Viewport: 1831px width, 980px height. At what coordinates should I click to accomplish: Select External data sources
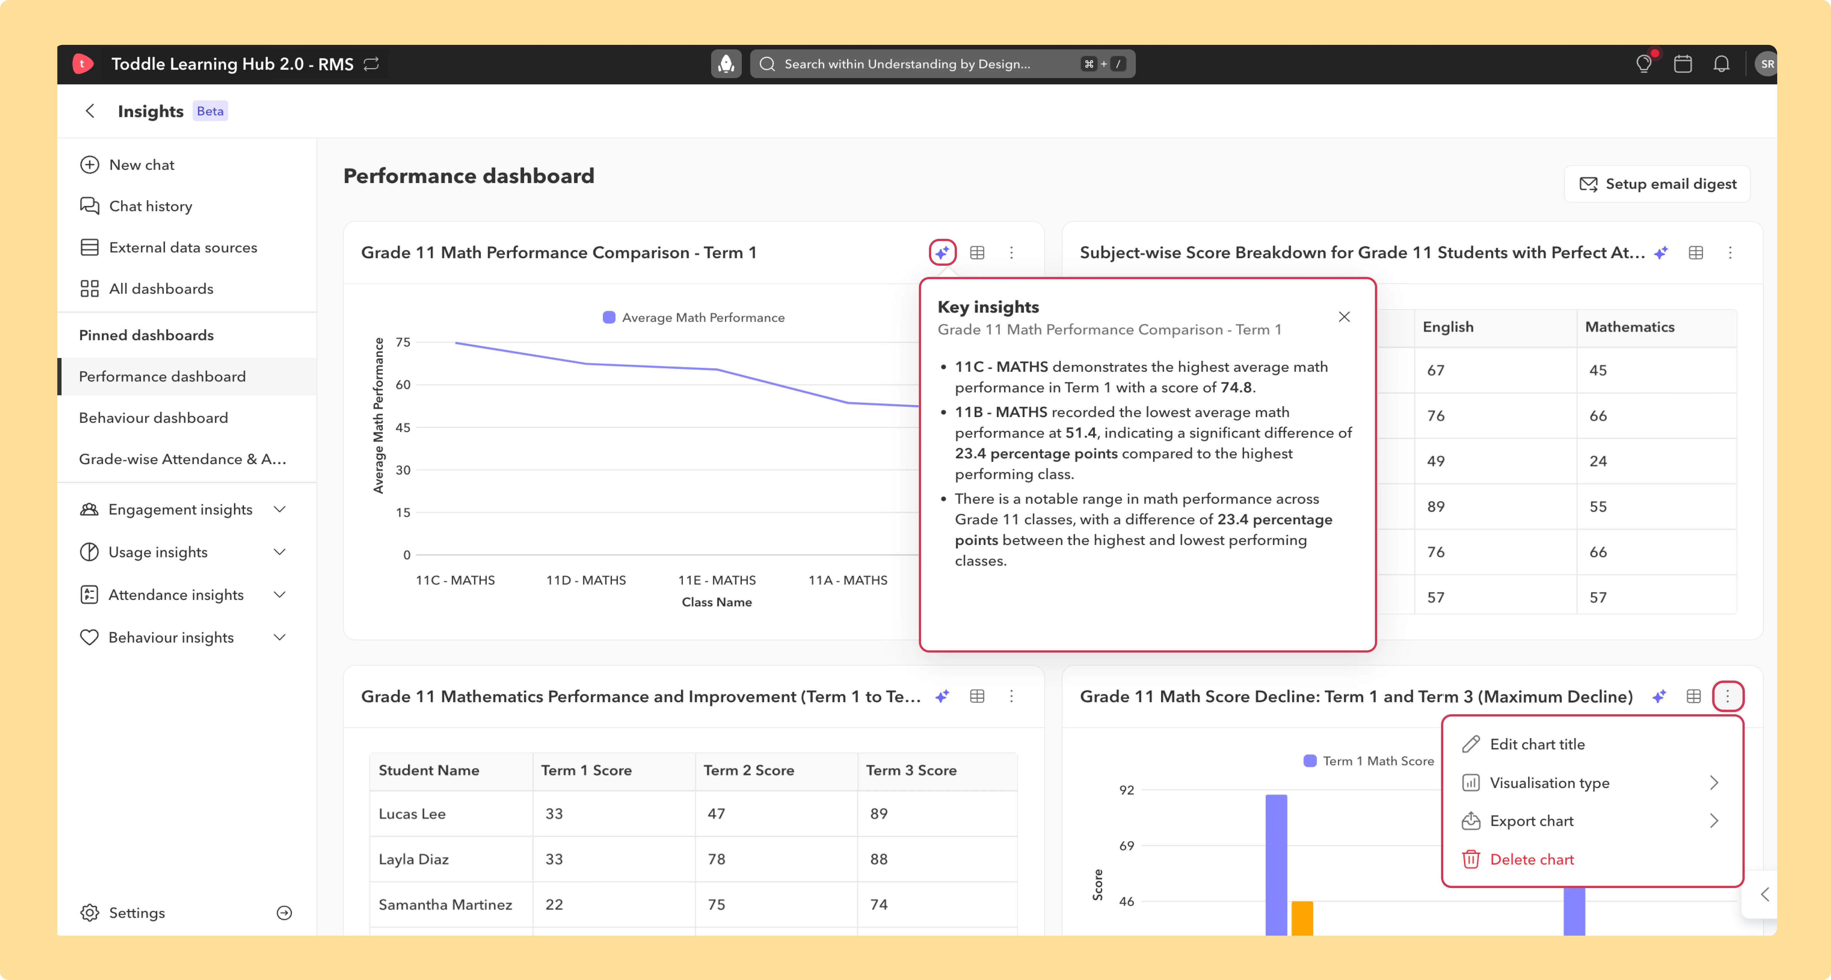[x=168, y=248]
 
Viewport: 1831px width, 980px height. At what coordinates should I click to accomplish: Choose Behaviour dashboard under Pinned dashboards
[x=154, y=417]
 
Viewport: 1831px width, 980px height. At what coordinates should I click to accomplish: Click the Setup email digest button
[x=1657, y=184]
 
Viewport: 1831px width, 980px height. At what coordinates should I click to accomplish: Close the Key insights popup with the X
[x=1344, y=317]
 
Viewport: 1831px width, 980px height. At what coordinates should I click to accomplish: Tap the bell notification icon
[x=1721, y=64]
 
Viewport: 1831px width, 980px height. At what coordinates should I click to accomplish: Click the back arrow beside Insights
[x=90, y=111]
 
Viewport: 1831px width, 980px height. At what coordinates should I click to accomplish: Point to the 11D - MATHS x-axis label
[x=586, y=580]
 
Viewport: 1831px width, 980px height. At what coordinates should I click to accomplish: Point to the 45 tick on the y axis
[x=403, y=427]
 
